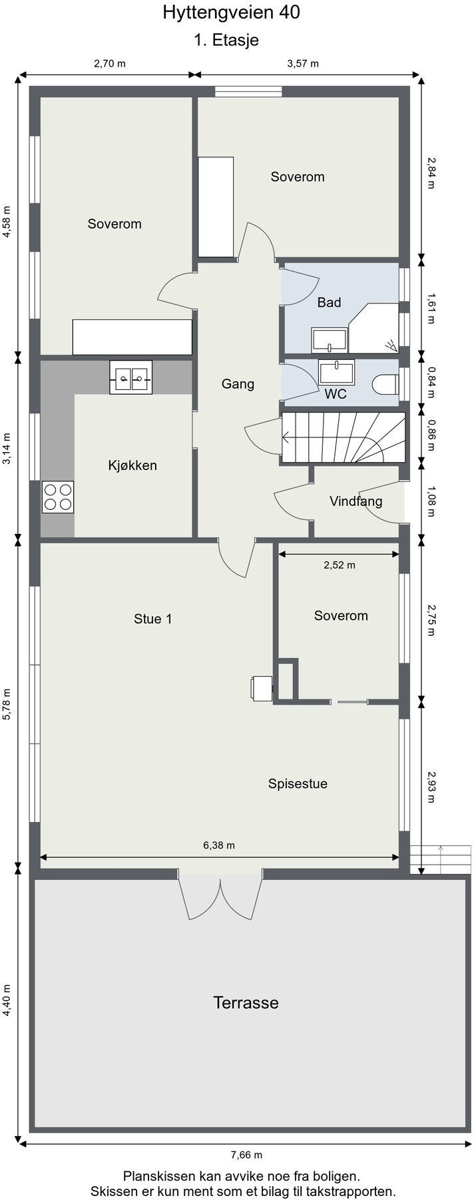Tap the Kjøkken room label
point(132,465)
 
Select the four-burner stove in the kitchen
point(58,497)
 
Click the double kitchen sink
point(131,377)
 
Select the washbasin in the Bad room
point(330,341)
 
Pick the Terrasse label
point(246,1002)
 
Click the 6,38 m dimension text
point(219,845)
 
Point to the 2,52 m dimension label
point(340,565)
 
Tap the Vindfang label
point(356,501)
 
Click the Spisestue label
point(298,783)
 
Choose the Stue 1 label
point(153,619)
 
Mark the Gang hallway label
point(238,384)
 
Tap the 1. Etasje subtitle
point(226,41)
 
